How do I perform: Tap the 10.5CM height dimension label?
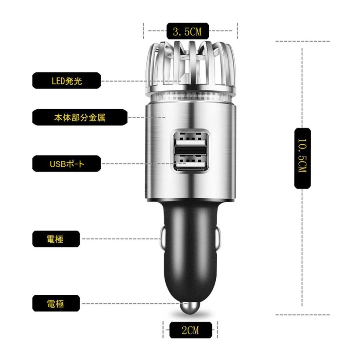(302, 158)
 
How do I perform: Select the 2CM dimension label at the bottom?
(190, 330)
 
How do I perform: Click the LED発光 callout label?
(66, 81)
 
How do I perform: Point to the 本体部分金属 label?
(80, 118)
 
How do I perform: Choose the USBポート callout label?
(66, 164)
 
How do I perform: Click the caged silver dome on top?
(190, 64)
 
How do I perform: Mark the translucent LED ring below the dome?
(190, 97)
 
